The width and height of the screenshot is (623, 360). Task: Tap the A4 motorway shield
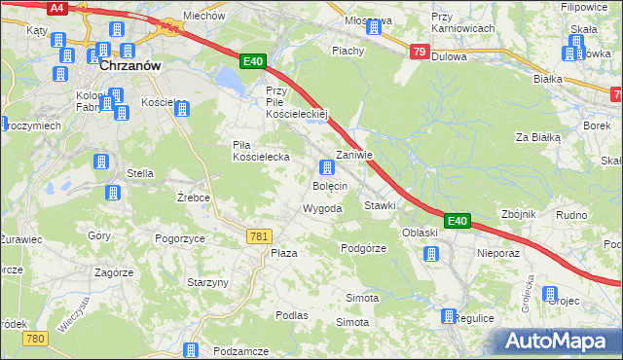[x=57, y=8]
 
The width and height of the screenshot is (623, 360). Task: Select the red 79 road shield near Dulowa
[x=419, y=53]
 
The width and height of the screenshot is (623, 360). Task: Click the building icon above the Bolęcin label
[x=328, y=167]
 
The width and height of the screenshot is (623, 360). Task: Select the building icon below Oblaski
[x=430, y=254]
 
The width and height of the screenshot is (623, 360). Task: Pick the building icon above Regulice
[x=448, y=316]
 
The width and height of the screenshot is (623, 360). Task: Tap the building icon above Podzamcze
[x=191, y=349]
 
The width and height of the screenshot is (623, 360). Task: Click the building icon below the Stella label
[x=113, y=193]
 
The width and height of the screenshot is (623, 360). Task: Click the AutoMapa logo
[x=560, y=341]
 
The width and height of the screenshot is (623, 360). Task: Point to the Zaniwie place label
[x=353, y=155]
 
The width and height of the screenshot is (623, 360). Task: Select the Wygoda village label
[x=321, y=209]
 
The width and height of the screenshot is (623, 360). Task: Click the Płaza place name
[x=283, y=253]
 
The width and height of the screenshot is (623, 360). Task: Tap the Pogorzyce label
[x=179, y=237]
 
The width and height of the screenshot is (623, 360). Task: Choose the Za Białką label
[x=538, y=138]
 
